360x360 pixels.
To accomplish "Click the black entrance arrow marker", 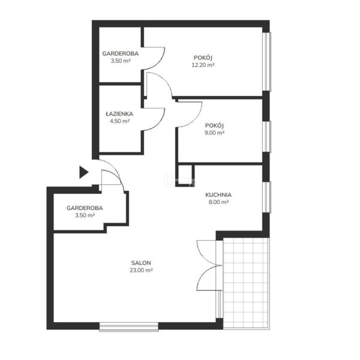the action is [83, 172].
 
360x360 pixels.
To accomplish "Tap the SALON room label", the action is [141, 263].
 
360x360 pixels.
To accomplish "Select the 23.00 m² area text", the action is [141, 270].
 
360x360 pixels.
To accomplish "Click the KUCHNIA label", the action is [218, 195].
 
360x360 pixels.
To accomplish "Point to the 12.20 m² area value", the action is [203, 65].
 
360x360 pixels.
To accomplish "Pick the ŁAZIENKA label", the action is [119, 113].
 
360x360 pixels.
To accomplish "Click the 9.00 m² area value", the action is [214, 133].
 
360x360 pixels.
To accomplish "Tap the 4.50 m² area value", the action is [119, 121].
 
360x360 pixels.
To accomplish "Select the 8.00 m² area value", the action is [218, 202].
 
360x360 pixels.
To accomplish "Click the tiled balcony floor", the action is [245, 283].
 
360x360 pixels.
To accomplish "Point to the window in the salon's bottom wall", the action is [129, 327].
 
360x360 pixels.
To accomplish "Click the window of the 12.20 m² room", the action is [267, 62].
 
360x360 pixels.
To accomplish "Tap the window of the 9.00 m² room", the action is [267, 136].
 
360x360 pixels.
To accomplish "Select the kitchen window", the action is [267, 197].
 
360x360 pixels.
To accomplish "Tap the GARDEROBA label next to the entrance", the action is [85, 208].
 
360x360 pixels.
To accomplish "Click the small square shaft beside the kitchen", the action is [185, 175].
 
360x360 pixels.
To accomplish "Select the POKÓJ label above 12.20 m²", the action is [203, 58].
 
